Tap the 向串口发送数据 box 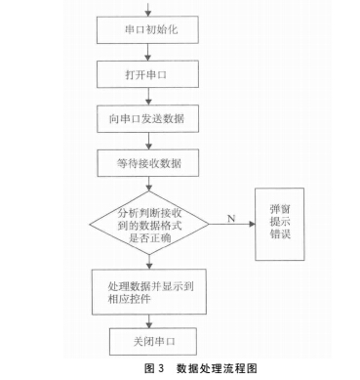click(149, 118)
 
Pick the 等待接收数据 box click(149, 159)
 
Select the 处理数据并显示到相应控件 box click(149, 287)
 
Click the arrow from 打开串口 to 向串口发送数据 click(149, 97)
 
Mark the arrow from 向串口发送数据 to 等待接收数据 click(149, 139)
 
